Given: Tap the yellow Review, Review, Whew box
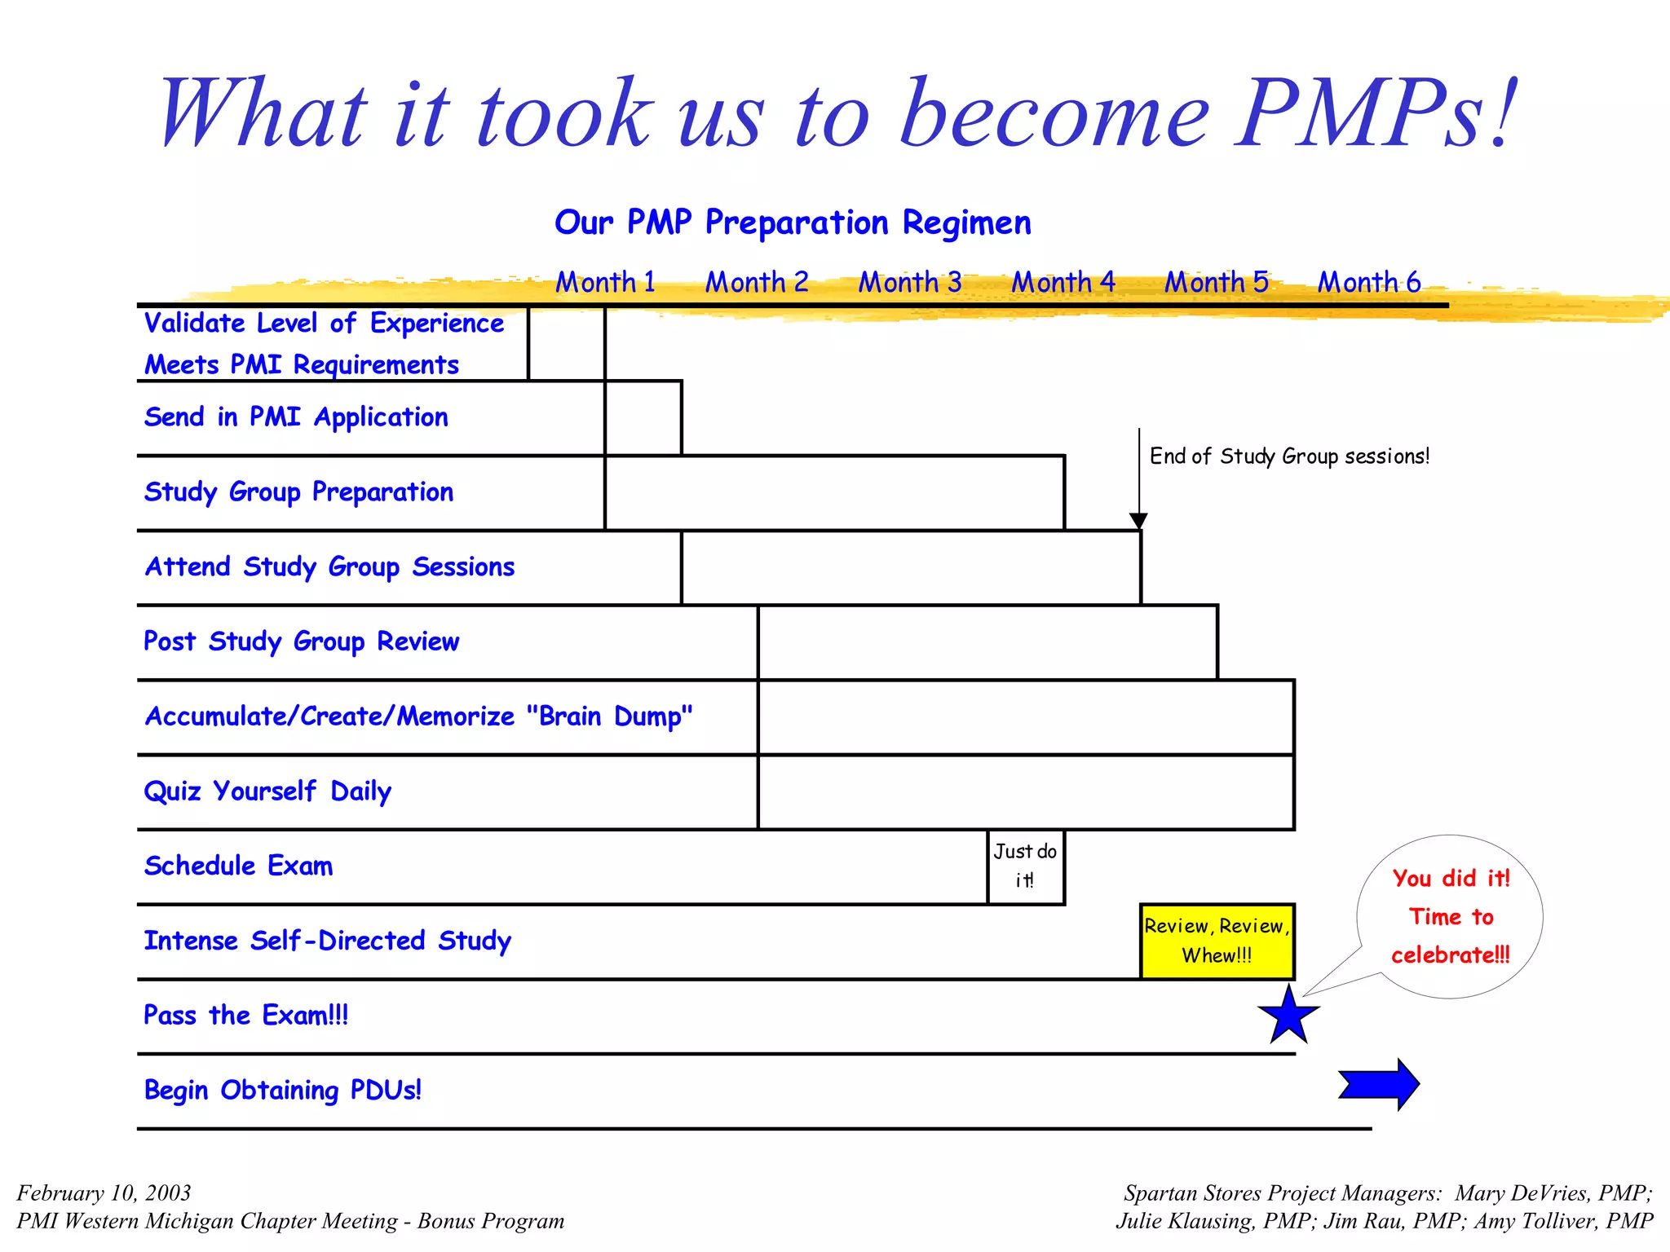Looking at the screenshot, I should point(1217,941).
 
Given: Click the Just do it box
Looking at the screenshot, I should point(1025,866).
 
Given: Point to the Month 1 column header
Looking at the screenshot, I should point(605,282).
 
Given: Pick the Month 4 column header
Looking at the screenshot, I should point(1063,282).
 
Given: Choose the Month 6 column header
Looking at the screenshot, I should point(1369,282).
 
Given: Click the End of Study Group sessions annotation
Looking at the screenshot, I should point(1288,456).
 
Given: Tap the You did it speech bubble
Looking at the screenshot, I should point(1451,916).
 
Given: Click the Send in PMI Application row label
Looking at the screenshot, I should point(296,417).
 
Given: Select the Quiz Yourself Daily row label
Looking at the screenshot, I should point(267,791).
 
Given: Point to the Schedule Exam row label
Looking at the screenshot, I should point(238,866).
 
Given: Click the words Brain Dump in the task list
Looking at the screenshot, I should point(609,716).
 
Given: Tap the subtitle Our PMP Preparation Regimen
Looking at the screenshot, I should point(793,223).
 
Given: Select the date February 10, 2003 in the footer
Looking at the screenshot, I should point(104,1193).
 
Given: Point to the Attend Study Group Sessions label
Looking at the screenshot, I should point(329,566).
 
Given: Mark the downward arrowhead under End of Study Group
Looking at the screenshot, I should point(1138,521).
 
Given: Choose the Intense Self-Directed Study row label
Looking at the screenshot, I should point(327,941).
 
